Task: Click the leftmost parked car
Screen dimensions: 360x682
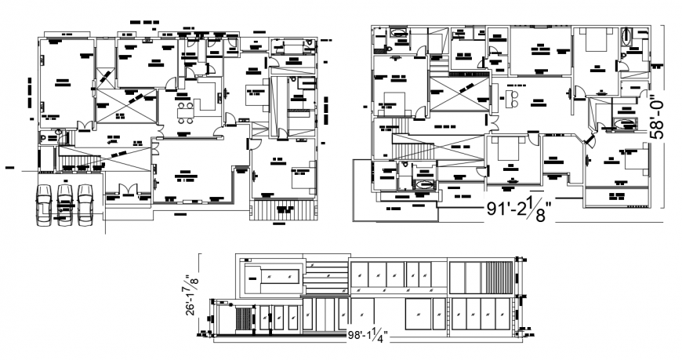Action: click(45, 205)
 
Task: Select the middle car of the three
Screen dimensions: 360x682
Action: click(65, 205)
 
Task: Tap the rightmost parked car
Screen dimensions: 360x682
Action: click(85, 205)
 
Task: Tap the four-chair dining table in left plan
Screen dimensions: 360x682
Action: click(185, 110)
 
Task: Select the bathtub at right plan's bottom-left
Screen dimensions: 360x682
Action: click(424, 183)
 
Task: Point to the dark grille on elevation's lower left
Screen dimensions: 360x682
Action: click(243, 318)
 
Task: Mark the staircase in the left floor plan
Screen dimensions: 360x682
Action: click(81, 161)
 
